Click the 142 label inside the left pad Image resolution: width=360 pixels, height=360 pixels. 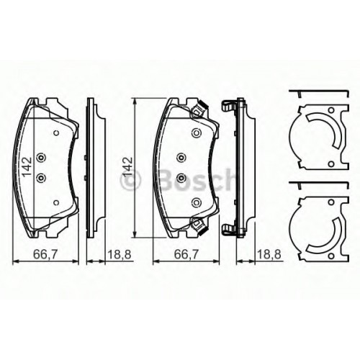point(27,167)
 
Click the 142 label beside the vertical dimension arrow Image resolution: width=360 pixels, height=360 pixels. point(127,167)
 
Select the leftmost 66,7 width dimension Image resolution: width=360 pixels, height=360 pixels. point(45,255)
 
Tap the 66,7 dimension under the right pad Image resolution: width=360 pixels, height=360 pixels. point(186,255)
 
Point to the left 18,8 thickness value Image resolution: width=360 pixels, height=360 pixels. point(120,255)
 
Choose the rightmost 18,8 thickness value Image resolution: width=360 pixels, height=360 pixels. point(269,255)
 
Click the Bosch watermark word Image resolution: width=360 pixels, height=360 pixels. point(197,179)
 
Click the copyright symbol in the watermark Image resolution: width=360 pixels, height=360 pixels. point(131,181)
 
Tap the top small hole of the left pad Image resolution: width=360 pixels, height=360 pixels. point(56,133)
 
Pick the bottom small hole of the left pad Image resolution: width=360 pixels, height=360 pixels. point(56,203)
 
